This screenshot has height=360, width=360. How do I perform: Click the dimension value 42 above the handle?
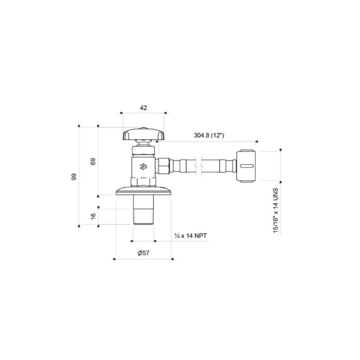pyautogui.click(x=144, y=108)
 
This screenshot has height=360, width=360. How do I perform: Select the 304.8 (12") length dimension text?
pyautogui.click(x=209, y=135)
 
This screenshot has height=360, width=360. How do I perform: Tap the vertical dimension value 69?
pyautogui.click(x=93, y=162)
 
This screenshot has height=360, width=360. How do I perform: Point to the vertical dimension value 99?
pyautogui.click(x=74, y=176)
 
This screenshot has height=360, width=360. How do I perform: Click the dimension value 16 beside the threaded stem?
pyautogui.click(x=93, y=216)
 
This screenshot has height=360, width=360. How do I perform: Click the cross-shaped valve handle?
pyautogui.click(x=144, y=134)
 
